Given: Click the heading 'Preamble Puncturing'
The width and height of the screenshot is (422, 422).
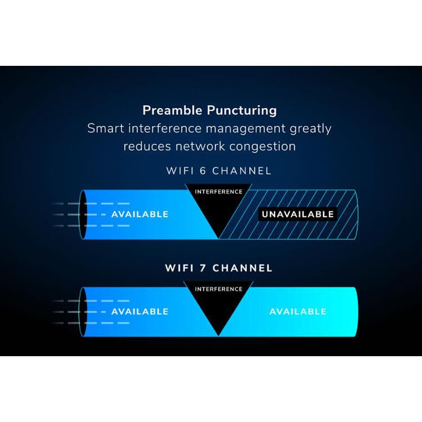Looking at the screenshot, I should click(209, 110).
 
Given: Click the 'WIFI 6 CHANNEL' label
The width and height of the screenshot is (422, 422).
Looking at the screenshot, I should click(218, 170).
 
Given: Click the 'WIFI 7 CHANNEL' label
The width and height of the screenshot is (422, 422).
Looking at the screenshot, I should click(218, 268).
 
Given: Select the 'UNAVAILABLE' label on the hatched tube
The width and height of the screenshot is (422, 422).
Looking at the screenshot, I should click(297, 214).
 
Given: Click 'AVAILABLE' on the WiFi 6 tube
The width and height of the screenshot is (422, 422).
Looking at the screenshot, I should click(140, 214).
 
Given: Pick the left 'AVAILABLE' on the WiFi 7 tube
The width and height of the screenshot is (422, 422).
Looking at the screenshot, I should click(140, 311).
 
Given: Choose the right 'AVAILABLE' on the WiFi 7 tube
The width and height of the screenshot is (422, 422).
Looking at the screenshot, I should click(298, 311).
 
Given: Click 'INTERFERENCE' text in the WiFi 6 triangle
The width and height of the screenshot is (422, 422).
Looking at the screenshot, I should click(218, 192).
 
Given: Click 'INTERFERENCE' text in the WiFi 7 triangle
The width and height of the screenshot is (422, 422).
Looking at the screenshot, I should click(218, 289).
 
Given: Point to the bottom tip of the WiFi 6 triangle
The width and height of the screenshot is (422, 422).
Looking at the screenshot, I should click(218, 237).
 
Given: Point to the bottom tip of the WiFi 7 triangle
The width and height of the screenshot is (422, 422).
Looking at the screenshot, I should click(218, 335).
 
